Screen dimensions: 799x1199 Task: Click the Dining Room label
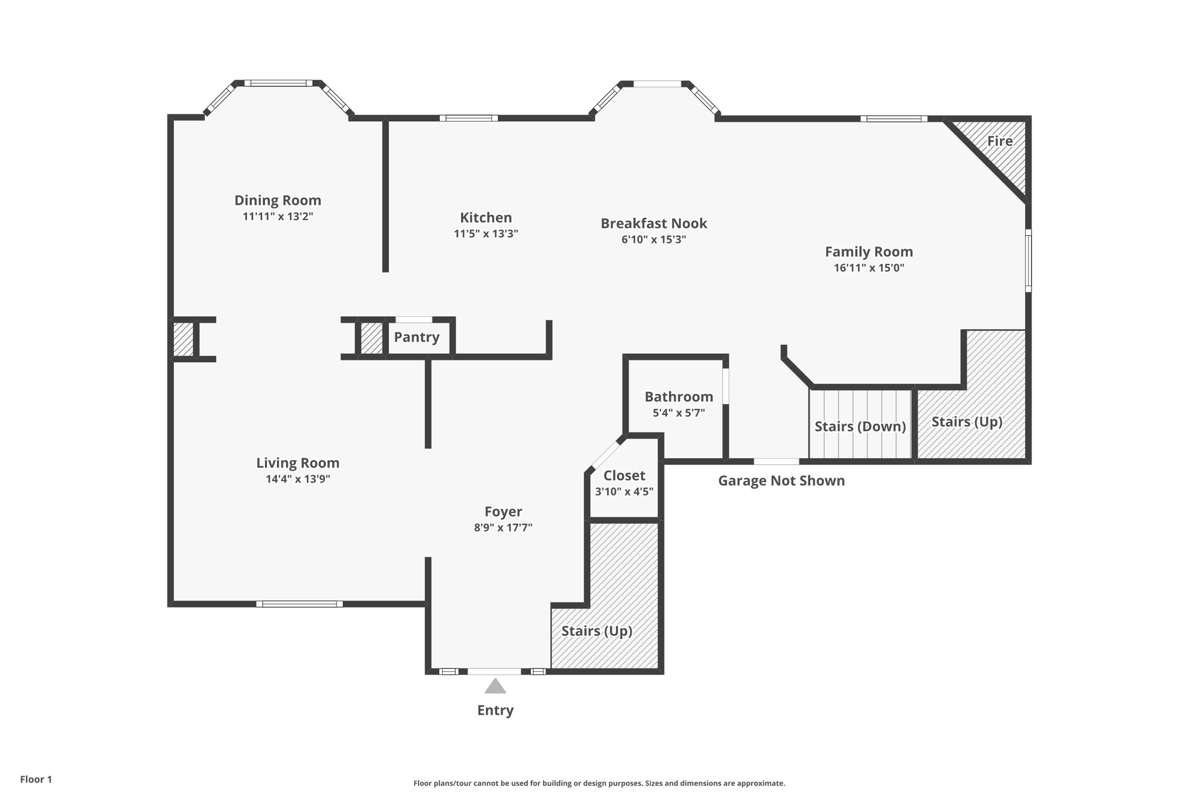(278, 200)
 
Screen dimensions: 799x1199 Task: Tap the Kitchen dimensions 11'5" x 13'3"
(485, 234)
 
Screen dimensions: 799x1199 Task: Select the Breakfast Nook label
(653, 223)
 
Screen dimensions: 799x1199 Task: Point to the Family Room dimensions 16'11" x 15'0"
(869, 268)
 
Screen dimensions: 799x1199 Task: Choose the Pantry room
(416, 337)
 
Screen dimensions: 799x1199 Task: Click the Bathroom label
(679, 397)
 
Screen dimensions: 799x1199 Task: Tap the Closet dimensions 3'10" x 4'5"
(624, 492)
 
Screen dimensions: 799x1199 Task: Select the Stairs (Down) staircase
(860, 426)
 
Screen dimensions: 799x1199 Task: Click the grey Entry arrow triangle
(495, 687)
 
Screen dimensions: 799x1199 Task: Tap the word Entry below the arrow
(495, 710)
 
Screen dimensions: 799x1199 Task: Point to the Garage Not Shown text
(781, 481)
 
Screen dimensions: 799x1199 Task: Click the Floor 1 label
(36, 779)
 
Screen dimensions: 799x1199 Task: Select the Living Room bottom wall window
(299, 603)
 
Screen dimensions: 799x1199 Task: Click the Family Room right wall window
(1028, 260)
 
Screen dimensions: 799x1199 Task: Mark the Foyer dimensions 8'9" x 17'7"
(503, 527)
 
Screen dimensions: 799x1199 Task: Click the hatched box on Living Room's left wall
(183, 340)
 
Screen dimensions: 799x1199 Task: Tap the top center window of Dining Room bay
(278, 83)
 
